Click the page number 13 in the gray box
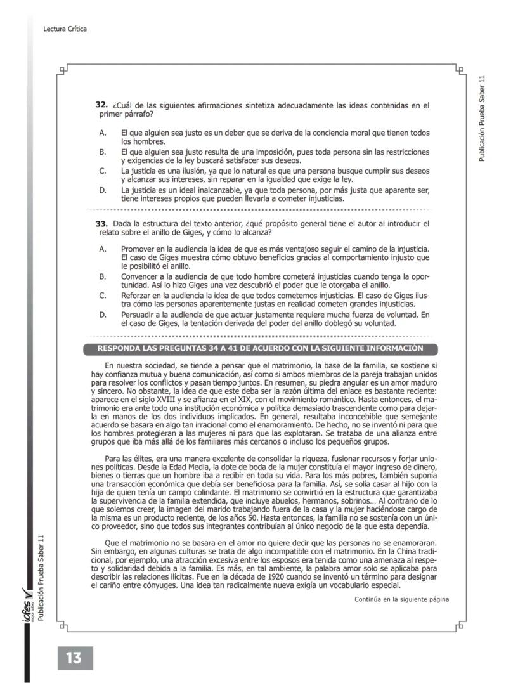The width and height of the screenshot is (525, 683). (x=74, y=658)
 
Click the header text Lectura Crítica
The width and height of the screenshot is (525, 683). (x=65, y=29)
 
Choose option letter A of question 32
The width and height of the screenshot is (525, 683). (x=102, y=133)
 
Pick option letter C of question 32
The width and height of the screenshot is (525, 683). (x=102, y=171)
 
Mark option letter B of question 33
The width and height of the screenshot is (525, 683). (x=102, y=276)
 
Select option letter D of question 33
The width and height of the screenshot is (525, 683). (x=102, y=315)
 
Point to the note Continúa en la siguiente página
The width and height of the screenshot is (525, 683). (x=401, y=599)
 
